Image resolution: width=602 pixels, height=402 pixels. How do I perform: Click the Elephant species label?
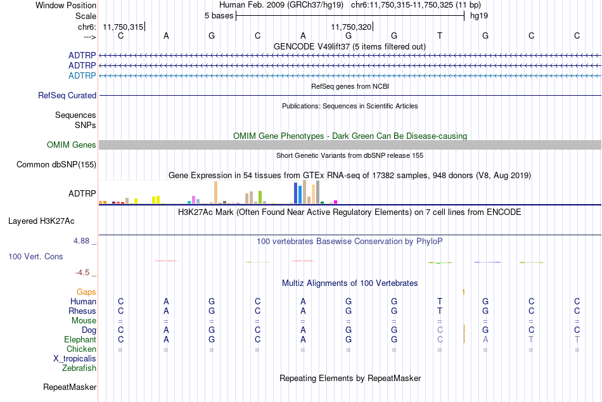[80, 339]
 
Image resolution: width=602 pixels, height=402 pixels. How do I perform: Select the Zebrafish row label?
[79, 368]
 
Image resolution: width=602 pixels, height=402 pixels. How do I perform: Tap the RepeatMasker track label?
[70, 387]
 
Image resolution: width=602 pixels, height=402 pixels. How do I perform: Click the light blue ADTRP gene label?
[82, 75]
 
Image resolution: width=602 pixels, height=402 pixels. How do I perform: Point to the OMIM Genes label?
[71, 145]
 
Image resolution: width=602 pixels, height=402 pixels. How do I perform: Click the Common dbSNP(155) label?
[56, 164]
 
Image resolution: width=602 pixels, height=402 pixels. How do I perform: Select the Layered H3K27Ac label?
[41, 221]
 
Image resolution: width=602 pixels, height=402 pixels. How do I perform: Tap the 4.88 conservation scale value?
[81, 241]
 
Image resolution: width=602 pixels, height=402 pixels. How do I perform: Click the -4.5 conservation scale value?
[82, 273]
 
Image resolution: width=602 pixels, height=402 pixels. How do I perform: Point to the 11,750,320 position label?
[351, 27]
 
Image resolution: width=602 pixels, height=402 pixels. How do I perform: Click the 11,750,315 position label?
[123, 27]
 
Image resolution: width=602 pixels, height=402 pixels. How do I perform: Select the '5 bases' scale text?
[219, 16]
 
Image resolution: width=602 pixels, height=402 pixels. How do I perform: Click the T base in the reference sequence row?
[440, 36]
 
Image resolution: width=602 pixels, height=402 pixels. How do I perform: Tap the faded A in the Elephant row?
[485, 339]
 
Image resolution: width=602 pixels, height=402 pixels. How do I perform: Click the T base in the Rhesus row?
[440, 311]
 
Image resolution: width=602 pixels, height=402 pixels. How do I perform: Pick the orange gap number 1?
[463, 292]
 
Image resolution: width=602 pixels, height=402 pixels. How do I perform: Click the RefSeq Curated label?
[67, 95]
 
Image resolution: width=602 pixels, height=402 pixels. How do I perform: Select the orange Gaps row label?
[86, 292]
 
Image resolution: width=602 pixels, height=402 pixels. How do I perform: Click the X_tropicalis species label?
[75, 359]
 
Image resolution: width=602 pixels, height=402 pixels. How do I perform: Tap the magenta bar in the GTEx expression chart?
[336, 202]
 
